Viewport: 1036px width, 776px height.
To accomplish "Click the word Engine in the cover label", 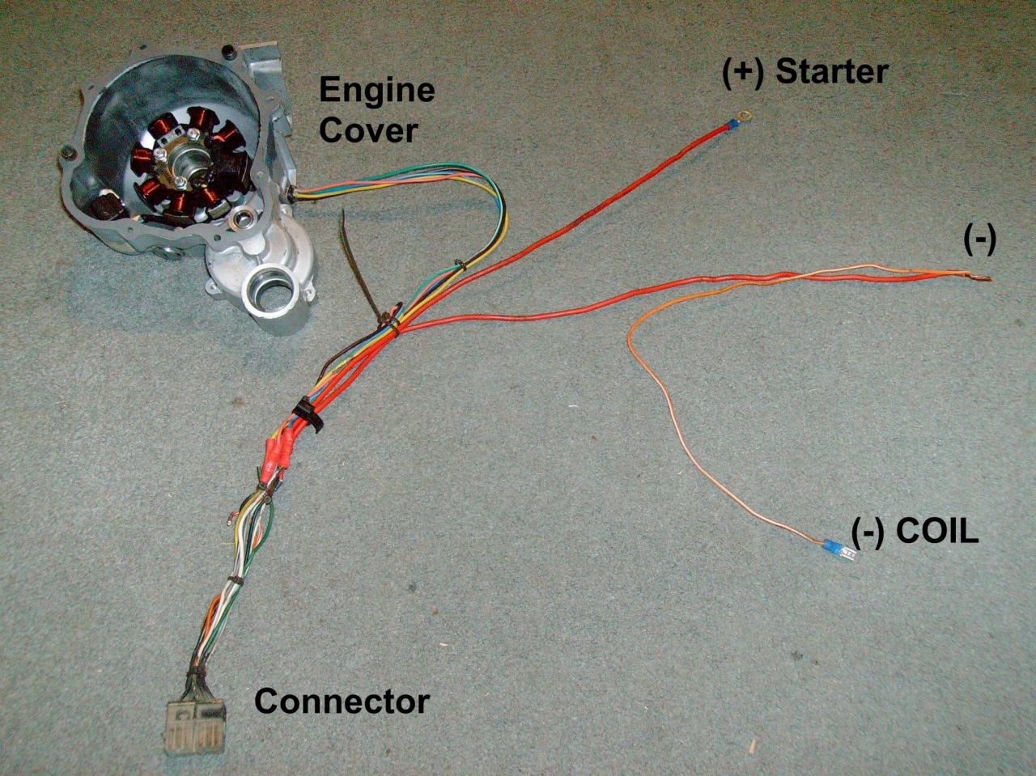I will (x=376, y=90).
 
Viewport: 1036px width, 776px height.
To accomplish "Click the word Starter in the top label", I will (x=831, y=72).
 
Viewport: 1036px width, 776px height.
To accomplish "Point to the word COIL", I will (x=939, y=532).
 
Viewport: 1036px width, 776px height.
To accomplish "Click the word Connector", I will (x=342, y=701).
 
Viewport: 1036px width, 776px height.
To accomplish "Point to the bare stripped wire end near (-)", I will (x=981, y=279).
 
